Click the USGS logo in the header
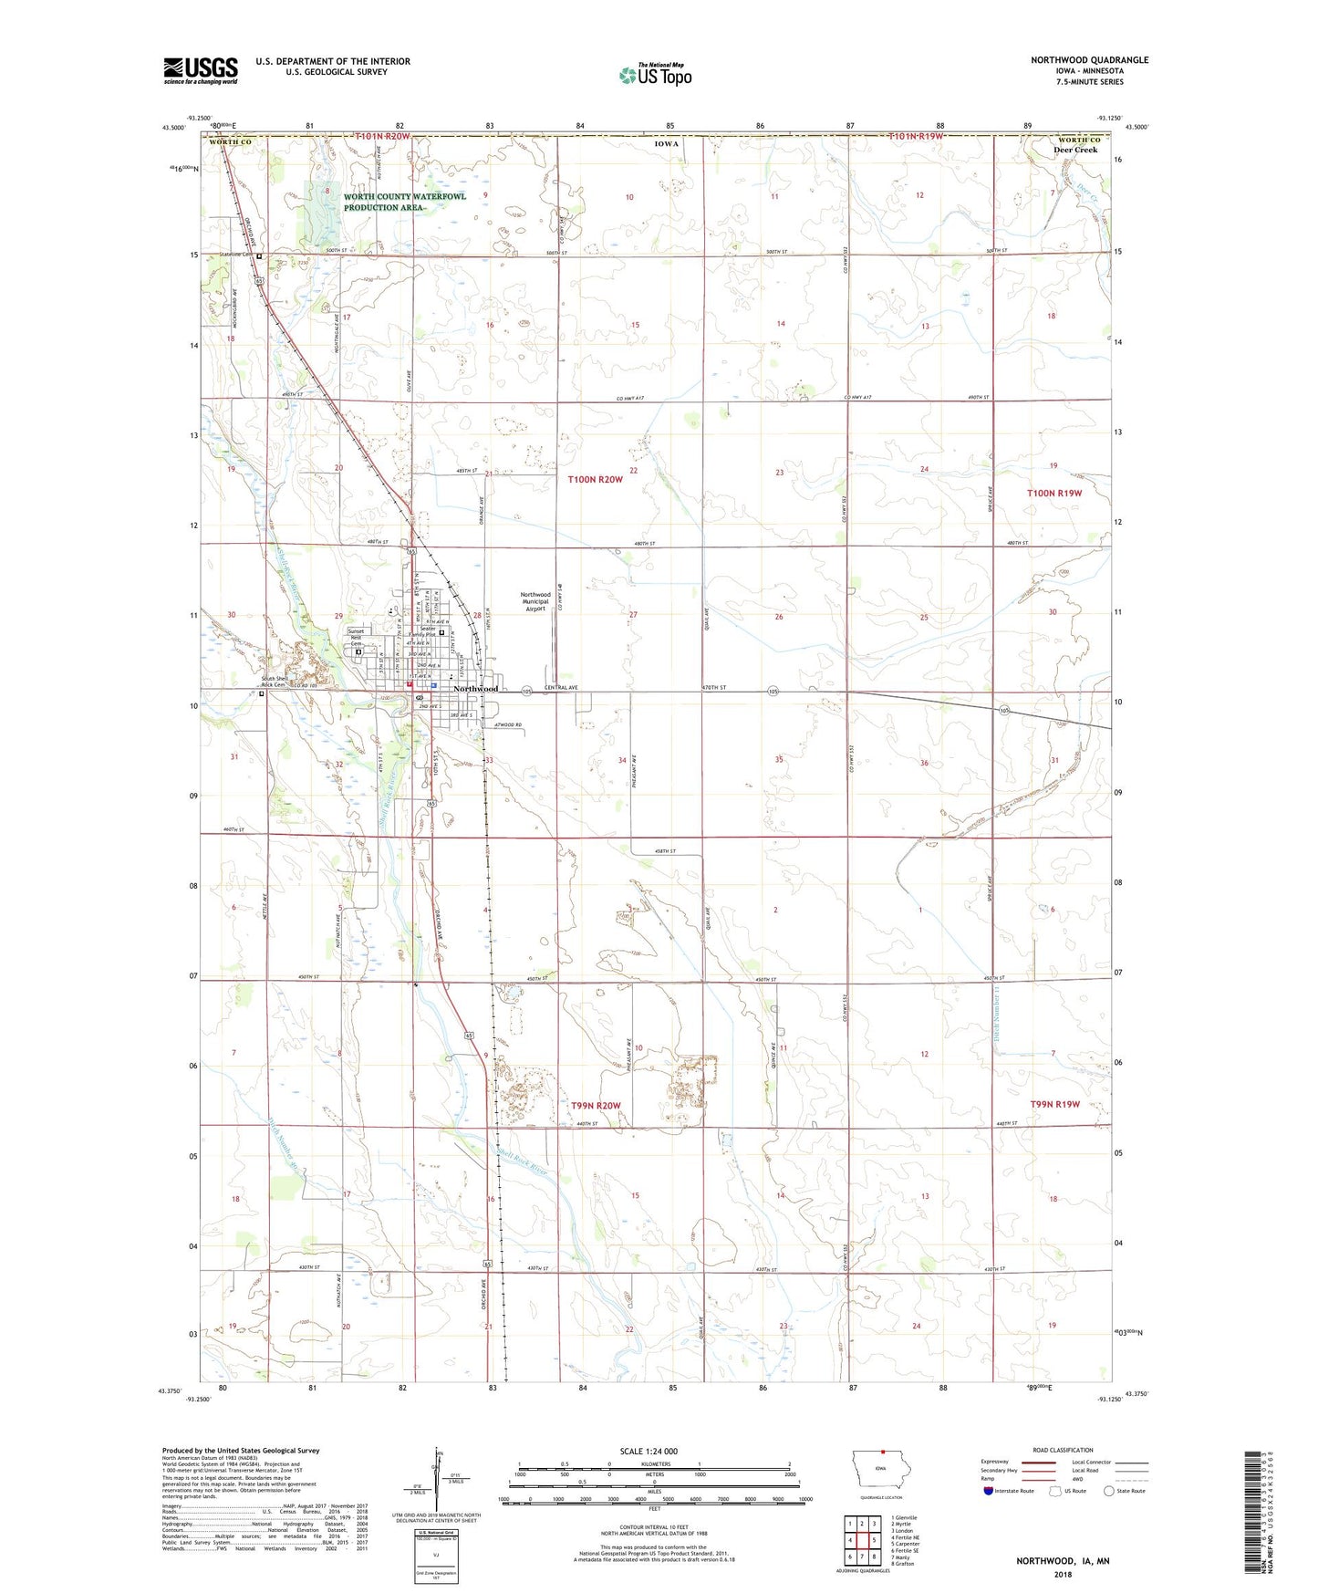pyautogui.click(x=201, y=69)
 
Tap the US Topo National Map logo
pyautogui.click(x=655, y=74)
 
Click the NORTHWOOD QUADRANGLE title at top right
pyautogui.click(x=1089, y=60)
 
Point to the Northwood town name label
pyautogui.click(x=476, y=688)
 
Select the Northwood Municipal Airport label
pyautogui.click(x=535, y=601)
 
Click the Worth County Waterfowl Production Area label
pyautogui.click(x=404, y=202)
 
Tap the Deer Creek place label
pyautogui.click(x=1075, y=150)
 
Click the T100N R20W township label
pyautogui.click(x=595, y=479)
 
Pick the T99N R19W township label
pyautogui.click(x=1054, y=1104)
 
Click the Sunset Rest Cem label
pyautogui.click(x=356, y=638)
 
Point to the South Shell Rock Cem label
pyautogui.click(x=254, y=682)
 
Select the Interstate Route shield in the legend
pyautogui.click(x=990, y=1491)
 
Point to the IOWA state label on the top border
pyautogui.click(x=666, y=143)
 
